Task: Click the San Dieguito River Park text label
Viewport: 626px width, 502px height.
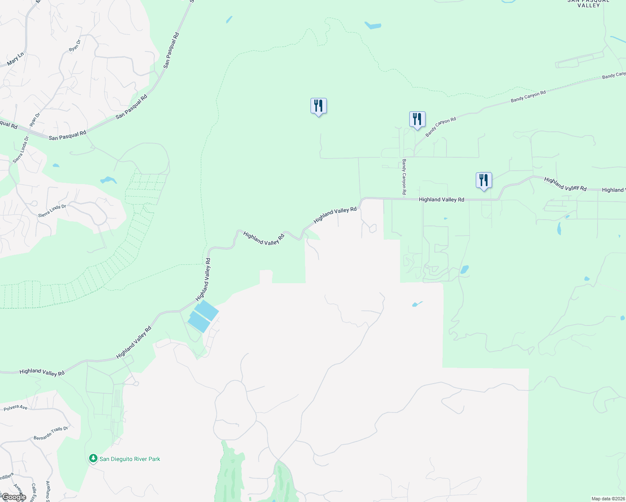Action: [130, 459]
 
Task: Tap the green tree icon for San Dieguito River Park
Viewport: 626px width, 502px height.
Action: [93, 458]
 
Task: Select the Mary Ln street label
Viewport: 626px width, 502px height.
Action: [15, 59]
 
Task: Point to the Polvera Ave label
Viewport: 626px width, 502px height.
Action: [15, 407]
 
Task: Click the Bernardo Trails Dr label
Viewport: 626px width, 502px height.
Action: [51, 433]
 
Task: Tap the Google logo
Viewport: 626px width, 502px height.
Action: [13, 497]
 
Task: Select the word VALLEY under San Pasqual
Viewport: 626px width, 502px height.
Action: [588, 5]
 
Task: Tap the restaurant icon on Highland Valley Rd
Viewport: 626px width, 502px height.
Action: [484, 181]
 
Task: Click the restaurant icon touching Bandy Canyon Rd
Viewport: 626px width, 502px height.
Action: [417, 120]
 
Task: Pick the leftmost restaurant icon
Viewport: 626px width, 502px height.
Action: [318, 106]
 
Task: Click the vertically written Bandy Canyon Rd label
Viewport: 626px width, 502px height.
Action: [404, 177]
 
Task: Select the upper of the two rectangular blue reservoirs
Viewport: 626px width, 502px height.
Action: [207, 310]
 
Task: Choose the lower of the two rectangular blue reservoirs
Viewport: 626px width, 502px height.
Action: [199, 322]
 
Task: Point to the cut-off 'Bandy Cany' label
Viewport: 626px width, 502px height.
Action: [613, 75]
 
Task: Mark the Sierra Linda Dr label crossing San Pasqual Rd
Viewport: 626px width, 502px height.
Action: [21, 149]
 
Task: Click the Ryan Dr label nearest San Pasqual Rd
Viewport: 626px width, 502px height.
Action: [35, 120]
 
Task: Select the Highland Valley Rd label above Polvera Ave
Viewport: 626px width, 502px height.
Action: [42, 372]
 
